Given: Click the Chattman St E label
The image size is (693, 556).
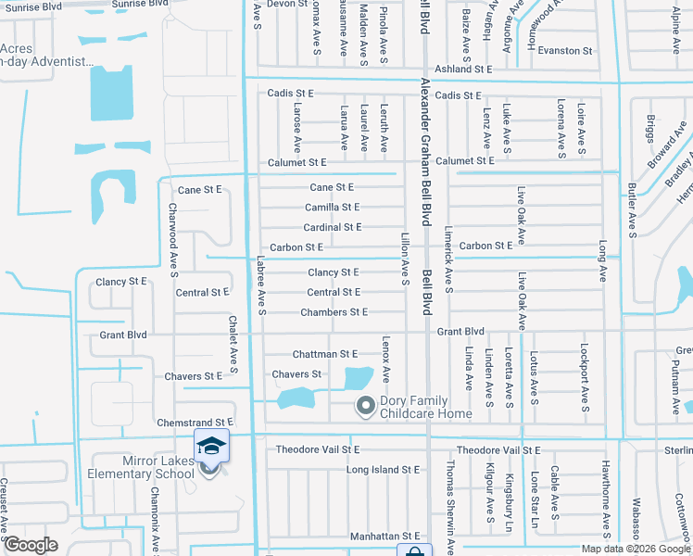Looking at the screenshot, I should tap(324, 354).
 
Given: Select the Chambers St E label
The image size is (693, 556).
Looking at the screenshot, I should tap(334, 312).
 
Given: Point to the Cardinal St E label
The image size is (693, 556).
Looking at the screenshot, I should tap(332, 227).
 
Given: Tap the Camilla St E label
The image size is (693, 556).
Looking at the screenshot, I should tap(332, 208).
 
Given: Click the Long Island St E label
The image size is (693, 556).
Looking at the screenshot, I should tap(384, 470).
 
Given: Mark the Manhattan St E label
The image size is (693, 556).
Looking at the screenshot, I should tap(384, 537).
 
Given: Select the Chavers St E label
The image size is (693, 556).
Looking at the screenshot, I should tap(194, 376).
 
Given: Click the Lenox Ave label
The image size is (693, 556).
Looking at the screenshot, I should tap(385, 361).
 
